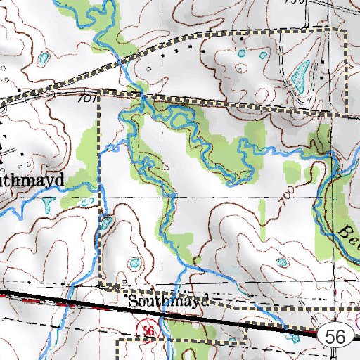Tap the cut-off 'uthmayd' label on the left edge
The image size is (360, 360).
(32, 180)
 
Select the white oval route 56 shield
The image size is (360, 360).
(335, 337)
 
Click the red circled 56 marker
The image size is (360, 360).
(147, 330)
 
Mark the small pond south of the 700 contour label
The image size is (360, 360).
(282, 262)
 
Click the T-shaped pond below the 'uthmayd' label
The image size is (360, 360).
(47, 203)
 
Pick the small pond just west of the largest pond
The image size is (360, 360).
(263, 55)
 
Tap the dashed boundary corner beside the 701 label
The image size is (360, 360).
(98, 97)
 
